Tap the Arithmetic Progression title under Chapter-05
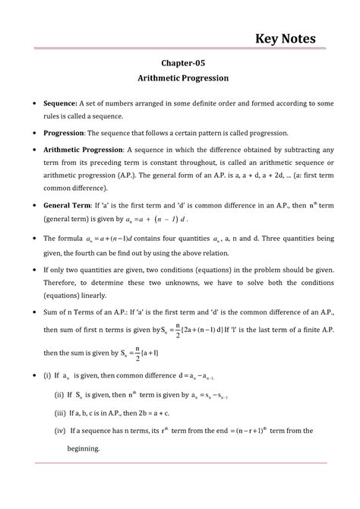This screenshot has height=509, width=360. [179, 78]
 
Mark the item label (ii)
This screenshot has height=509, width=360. [59, 395]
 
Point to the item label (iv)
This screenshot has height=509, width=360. [60, 431]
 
